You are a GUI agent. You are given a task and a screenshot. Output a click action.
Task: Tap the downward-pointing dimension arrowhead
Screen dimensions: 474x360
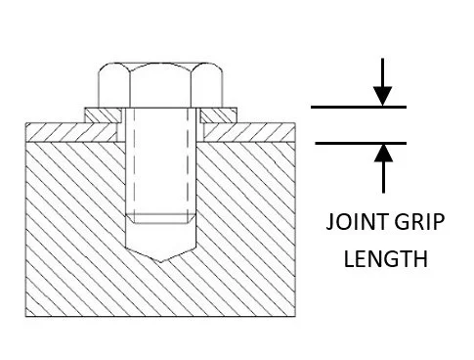(x=383, y=95)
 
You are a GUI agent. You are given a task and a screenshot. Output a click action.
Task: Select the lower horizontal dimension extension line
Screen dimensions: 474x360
(x=358, y=143)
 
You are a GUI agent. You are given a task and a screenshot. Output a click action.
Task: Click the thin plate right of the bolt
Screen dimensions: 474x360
(x=249, y=130)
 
